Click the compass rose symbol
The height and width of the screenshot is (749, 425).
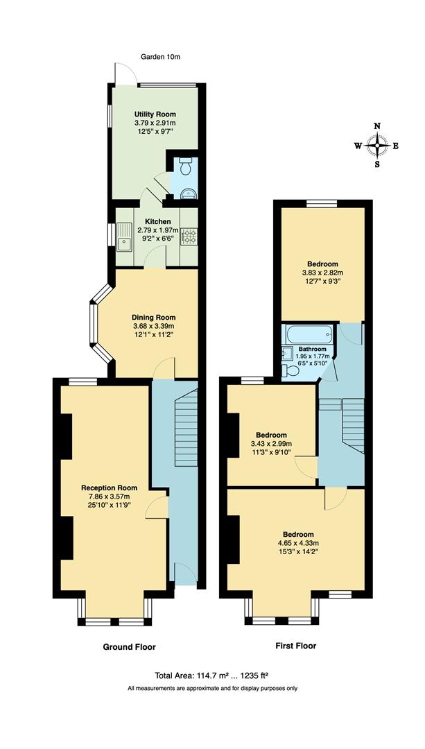377,146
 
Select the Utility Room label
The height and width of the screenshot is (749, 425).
155,114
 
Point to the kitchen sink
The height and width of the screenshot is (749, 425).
125,237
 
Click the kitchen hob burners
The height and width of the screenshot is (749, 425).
189,237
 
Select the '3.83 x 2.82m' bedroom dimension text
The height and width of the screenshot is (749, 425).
322,273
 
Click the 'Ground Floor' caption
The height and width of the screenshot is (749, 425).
130,647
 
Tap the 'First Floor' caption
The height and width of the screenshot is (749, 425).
295,646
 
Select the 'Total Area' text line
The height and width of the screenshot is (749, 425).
212,675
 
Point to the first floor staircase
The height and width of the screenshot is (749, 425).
352,423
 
